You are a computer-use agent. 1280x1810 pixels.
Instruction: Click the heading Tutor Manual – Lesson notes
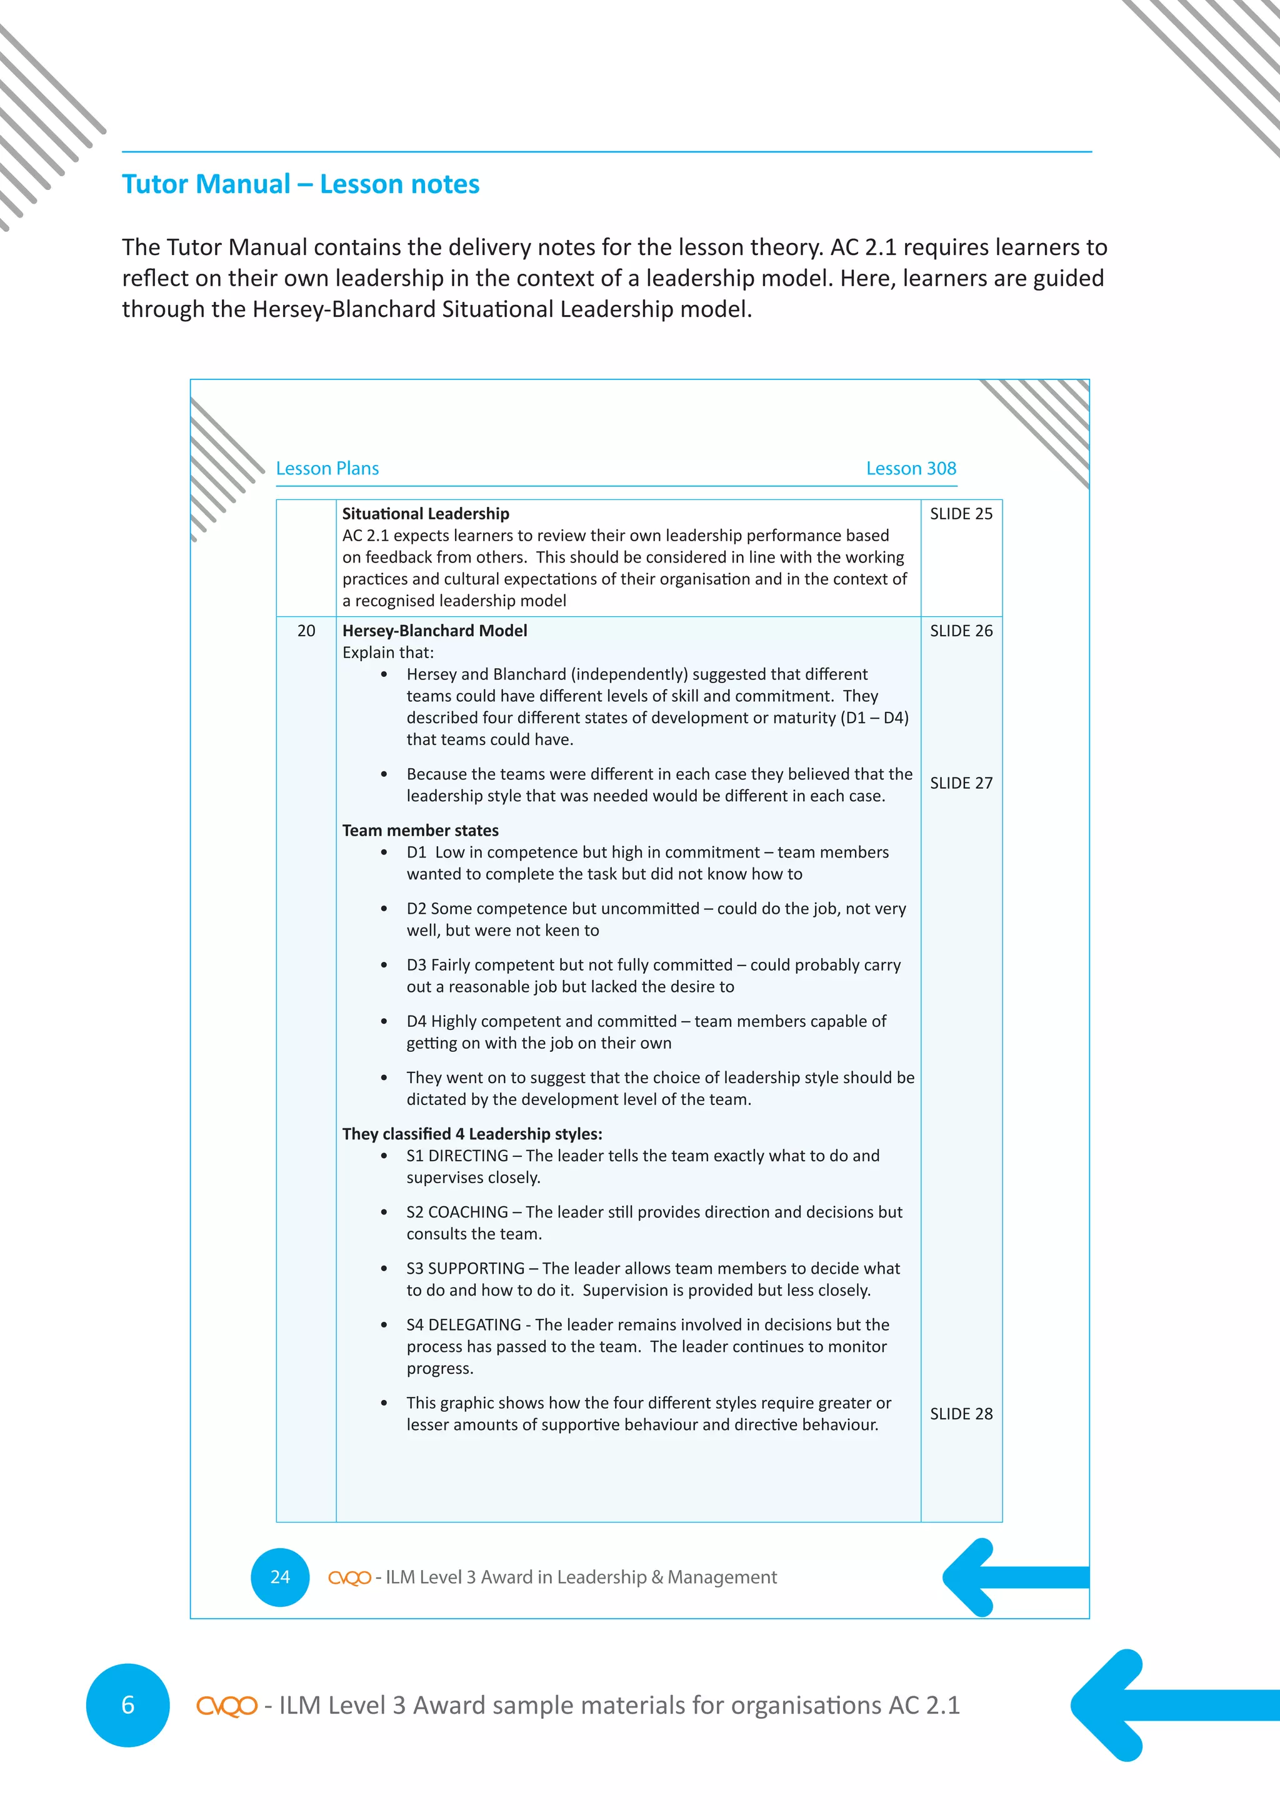pos(300,184)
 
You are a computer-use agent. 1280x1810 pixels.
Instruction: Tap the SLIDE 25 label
pos(961,514)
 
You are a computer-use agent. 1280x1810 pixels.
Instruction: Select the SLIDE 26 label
pos(961,631)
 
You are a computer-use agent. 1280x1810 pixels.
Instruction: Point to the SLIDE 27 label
pos(961,782)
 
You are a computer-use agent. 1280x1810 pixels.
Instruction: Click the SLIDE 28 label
pos(961,1414)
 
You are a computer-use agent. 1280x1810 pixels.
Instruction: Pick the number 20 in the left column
pos(306,631)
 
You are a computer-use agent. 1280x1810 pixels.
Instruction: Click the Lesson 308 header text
pos(911,468)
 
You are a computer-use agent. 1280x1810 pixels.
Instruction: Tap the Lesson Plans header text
pos(327,468)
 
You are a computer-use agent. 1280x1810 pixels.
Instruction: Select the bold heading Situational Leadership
pos(426,514)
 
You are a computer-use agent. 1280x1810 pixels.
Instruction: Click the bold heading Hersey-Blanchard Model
pos(434,631)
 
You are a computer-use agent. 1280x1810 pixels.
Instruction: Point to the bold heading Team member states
pos(420,830)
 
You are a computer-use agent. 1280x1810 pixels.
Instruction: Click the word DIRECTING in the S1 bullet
pos(468,1156)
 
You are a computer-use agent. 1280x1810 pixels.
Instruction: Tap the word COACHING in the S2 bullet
pos(468,1212)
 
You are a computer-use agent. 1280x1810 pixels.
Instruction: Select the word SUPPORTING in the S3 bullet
pos(476,1268)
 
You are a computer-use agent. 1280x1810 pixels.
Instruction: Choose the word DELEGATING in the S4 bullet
pos(474,1324)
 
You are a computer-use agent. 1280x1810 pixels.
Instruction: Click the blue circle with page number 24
pos(280,1577)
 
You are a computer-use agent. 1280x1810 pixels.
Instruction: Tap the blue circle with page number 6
pos(127,1705)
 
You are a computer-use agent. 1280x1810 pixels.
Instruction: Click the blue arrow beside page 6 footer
pos(1159,1704)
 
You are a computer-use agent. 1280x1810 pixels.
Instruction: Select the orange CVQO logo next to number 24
pos(349,1577)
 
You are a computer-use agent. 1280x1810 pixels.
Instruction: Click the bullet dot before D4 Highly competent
pos(384,1022)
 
